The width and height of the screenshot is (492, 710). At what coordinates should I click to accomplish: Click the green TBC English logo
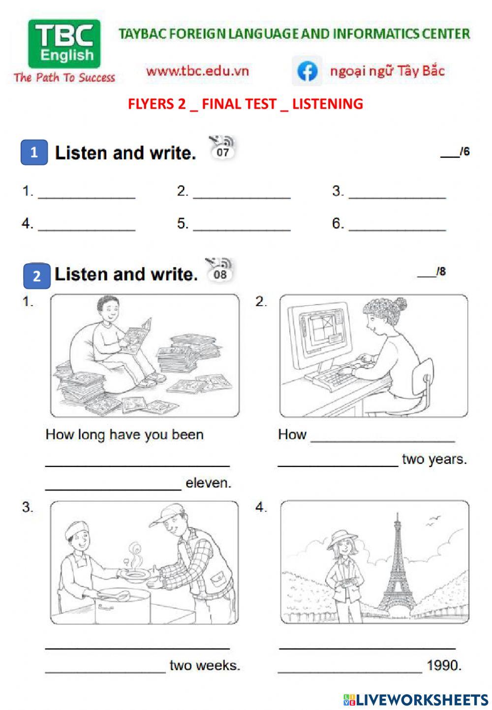tap(64, 44)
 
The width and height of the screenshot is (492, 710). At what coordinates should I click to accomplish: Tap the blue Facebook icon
tap(307, 71)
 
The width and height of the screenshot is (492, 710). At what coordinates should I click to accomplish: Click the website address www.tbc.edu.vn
tap(197, 71)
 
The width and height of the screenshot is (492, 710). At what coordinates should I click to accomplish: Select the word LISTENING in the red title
tap(328, 104)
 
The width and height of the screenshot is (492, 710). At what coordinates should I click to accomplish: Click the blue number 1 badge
tap(34, 152)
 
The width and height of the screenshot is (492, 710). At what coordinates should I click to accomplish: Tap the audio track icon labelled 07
tap(223, 148)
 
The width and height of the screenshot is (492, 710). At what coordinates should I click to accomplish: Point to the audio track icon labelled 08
tap(220, 270)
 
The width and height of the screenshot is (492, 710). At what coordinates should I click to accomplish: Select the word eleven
tap(208, 483)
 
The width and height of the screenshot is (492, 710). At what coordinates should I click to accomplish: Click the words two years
tap(434, 459)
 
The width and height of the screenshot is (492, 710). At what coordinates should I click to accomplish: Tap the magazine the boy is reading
tap(137, 336)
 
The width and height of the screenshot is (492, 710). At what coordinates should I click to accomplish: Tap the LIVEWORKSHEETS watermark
tap(416, 700)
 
